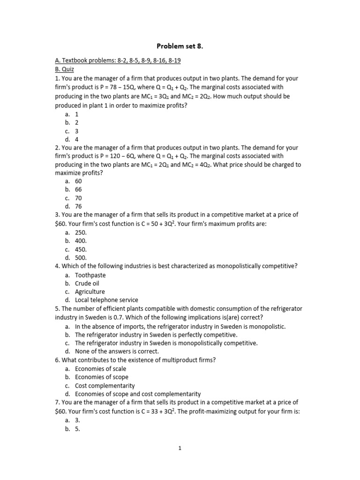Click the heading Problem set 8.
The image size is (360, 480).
(180, 46)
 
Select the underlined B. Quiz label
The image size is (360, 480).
(65, 69)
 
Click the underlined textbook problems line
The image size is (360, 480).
(118, 60)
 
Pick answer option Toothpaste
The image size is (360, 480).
(90, 275)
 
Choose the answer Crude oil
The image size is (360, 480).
(87, 283)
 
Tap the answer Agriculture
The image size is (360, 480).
(90, 292)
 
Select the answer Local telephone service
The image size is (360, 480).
(106, 300)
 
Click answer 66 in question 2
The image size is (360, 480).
(79, 189)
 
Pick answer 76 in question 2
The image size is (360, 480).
(79, 206)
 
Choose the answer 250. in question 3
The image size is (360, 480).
(81, 232)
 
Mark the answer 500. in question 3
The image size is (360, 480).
(81, 257)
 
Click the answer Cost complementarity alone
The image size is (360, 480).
(105, 385)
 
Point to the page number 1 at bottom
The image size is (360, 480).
(180, 448)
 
